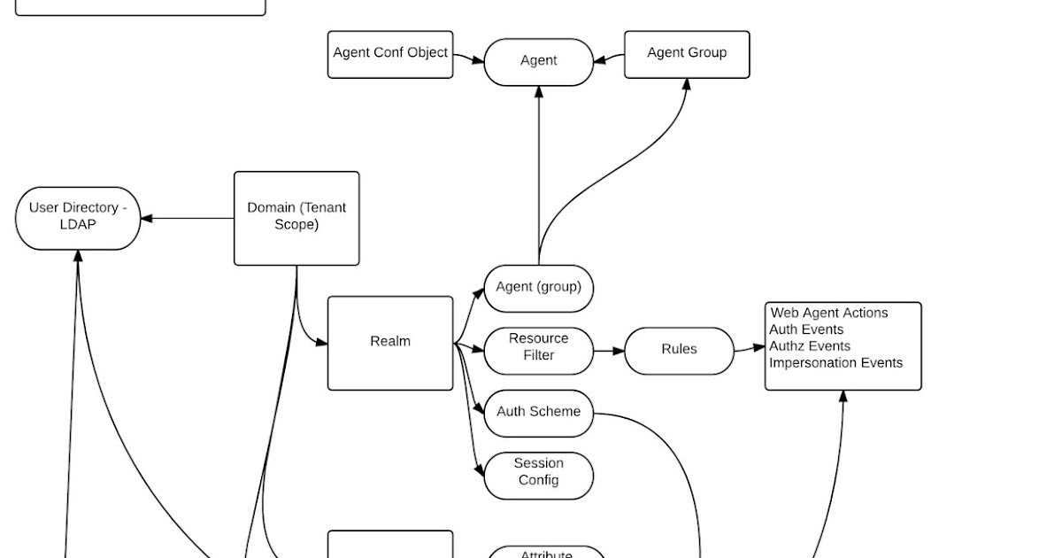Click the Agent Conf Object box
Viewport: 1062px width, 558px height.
(x=390, y=54)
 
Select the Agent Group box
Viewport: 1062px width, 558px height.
(x=687, y=54)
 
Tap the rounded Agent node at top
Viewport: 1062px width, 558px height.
(x=538, y=61)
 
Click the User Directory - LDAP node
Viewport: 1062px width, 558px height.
(x=78, y=217)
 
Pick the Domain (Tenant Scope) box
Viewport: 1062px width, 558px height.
(x=296, y=218)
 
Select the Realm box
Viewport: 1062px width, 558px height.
(x=390, y=343)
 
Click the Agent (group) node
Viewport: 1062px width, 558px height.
(x=538, y=288)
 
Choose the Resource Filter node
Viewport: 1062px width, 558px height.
(x=538, y=348)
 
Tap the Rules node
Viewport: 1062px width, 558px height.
(x=679, y=350)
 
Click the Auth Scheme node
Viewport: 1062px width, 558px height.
(x=538, y=412)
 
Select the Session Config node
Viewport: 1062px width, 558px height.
(x=538, y=473)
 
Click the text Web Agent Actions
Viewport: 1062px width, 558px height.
(x=829, y=313)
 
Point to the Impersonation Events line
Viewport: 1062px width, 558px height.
(x=836, y=363)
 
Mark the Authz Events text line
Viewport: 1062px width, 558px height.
(x=810, y=346)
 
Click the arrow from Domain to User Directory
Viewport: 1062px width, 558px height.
(x=187, y=218)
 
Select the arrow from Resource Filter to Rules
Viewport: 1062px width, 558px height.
(x=609, y=351)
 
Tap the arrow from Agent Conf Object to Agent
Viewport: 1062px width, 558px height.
(x=468, y=58)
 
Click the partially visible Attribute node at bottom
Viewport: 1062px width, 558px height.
(x=546, y=554)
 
